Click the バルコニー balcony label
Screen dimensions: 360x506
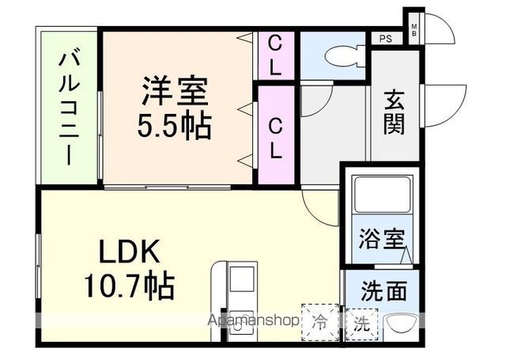pyautogui.click(x=69, y=108)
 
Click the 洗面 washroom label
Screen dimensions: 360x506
pyautogui.click(x=385, y=290)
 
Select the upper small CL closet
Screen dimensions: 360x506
pyautogui.click(x=274, y=54)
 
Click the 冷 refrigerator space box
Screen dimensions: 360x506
pyautogui.click(x=319, y=322)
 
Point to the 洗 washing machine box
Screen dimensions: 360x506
pyautogui.click(x=361, y=322)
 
